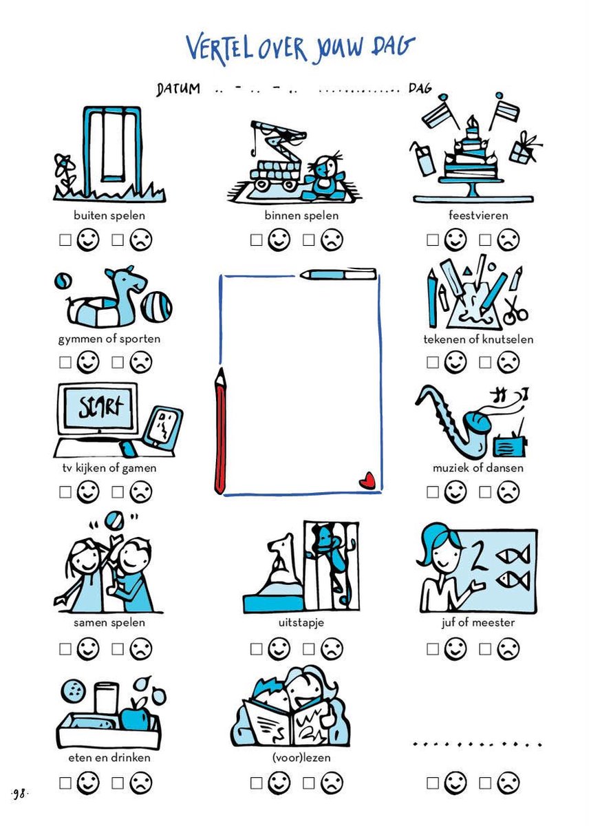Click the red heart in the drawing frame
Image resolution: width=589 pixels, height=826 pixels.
coord(367,481)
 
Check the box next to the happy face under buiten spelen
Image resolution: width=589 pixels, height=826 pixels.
coord(65,240)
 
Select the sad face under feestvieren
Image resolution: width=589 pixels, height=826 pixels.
coord(508,240)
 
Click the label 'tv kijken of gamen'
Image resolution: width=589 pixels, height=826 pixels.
coord(109,468)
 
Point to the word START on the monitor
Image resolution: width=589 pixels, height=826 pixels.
coord(100,407)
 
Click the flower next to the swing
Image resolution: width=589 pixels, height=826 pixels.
coord(64,171)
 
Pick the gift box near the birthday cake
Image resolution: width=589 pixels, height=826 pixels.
coord(523,148)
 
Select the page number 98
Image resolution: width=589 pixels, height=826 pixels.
coord(19,794)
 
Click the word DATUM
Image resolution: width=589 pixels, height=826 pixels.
coord(178,89)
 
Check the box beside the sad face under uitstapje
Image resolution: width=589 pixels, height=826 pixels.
coord(308,649)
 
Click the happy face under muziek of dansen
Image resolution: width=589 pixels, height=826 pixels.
coord(456,491)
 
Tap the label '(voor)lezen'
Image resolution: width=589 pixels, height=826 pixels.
coord(301,757)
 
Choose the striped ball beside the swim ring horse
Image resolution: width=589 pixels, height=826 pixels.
coord(157,307)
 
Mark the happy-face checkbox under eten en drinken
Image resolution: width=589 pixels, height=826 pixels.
coord(65,783)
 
